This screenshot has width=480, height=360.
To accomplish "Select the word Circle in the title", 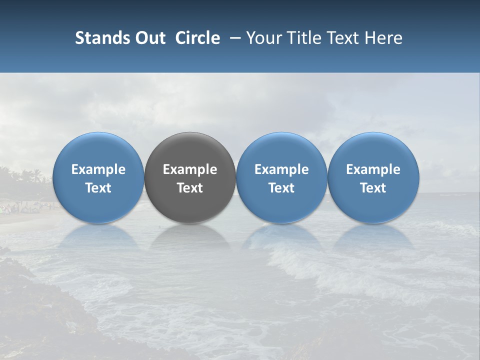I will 197,38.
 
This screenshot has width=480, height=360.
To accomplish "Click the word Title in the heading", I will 306,38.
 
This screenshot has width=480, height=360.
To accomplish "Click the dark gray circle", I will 190,177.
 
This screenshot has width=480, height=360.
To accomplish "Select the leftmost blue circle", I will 98,177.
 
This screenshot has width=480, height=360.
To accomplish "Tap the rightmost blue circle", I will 373,177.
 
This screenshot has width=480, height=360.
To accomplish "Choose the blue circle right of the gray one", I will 281,177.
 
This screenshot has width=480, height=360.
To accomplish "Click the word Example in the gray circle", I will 190,169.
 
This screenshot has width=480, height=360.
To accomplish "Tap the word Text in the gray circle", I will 190,188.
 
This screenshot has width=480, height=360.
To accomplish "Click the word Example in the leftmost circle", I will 98,169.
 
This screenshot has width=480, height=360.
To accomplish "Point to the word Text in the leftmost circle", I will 98,188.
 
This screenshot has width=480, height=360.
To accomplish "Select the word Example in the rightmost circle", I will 373,169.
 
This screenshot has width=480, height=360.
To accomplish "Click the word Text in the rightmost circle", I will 373,188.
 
